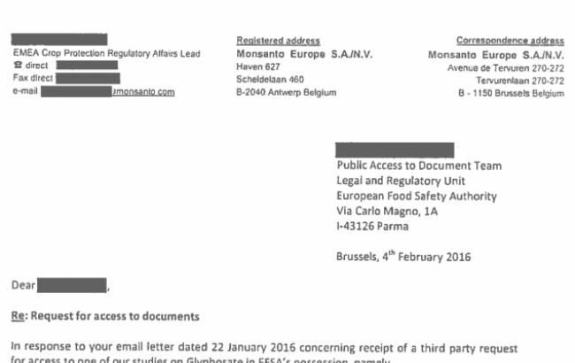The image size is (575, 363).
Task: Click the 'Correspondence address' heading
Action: [509, 41]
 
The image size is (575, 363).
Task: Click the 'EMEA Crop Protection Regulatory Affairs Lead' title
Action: [107, 53]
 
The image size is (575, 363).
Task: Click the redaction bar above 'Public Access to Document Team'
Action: [395, 149]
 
